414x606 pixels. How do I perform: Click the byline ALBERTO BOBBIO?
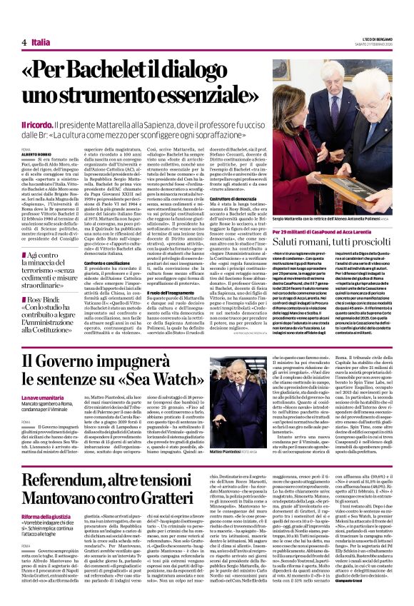click(37, 154)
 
